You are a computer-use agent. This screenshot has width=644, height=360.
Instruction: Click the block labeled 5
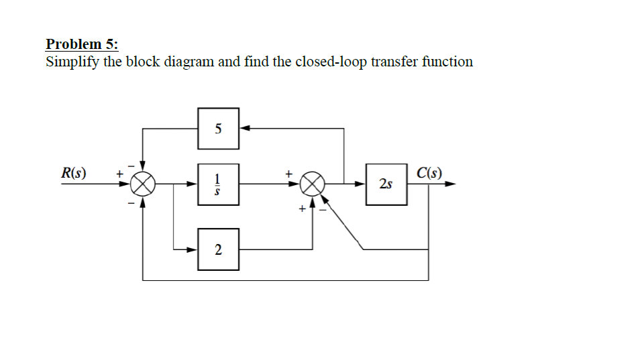[x=218, y=129]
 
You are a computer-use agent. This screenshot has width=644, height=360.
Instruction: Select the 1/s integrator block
[x=218, y=183]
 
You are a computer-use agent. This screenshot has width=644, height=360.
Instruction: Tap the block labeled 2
[x=218, y=249]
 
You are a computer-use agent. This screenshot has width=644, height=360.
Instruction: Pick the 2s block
[x=386, y=183]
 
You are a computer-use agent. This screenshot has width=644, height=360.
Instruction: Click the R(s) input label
[x=74, y=172]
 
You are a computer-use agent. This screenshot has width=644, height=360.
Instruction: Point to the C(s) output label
[x=429, y=172]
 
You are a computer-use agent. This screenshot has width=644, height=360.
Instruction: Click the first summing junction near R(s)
[x=142, y=182]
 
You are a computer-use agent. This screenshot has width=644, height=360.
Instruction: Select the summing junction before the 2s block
[x=313, y=182]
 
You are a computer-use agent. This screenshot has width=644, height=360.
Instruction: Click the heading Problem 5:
[x=82, y=44]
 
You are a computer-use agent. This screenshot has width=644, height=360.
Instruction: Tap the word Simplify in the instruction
[x=70, y=62]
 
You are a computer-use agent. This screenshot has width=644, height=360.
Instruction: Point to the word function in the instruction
[x=447, y=62]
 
